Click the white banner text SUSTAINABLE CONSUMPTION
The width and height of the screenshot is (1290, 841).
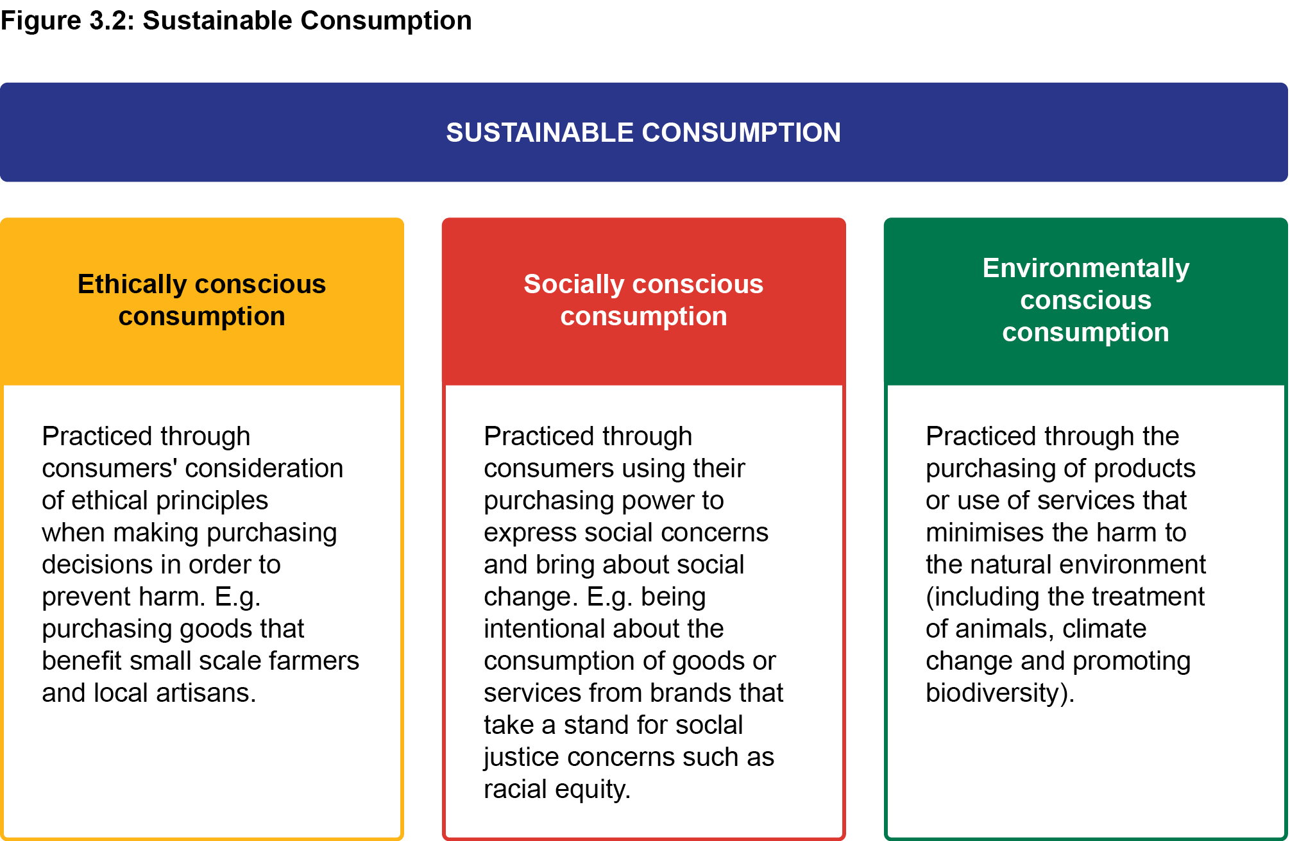pyautogui.click(x=643, y=133)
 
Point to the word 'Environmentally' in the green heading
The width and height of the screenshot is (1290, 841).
pyautogui.click(x=1086, y=269)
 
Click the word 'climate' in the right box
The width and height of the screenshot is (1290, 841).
pyautogui.click(x=1105, y=629)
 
